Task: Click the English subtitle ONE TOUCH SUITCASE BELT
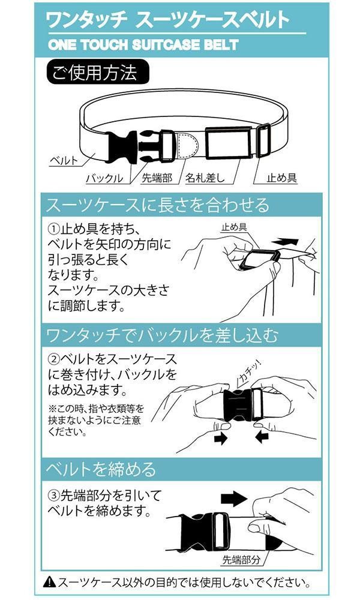click(143, 44)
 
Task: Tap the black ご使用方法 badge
click(97, 72)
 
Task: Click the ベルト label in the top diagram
click(64, 160)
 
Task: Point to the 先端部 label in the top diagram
click(157, 178)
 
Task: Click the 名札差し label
click(205, 178)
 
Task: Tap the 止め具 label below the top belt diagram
click(281, 178)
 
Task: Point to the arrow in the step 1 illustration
click(284, 242)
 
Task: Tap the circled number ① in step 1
click(54, 229)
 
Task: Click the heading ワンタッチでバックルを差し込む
click(162, 335)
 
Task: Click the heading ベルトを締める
click(101, 469)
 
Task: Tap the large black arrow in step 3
click(234, 499)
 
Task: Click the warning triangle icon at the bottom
click(49, 583)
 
